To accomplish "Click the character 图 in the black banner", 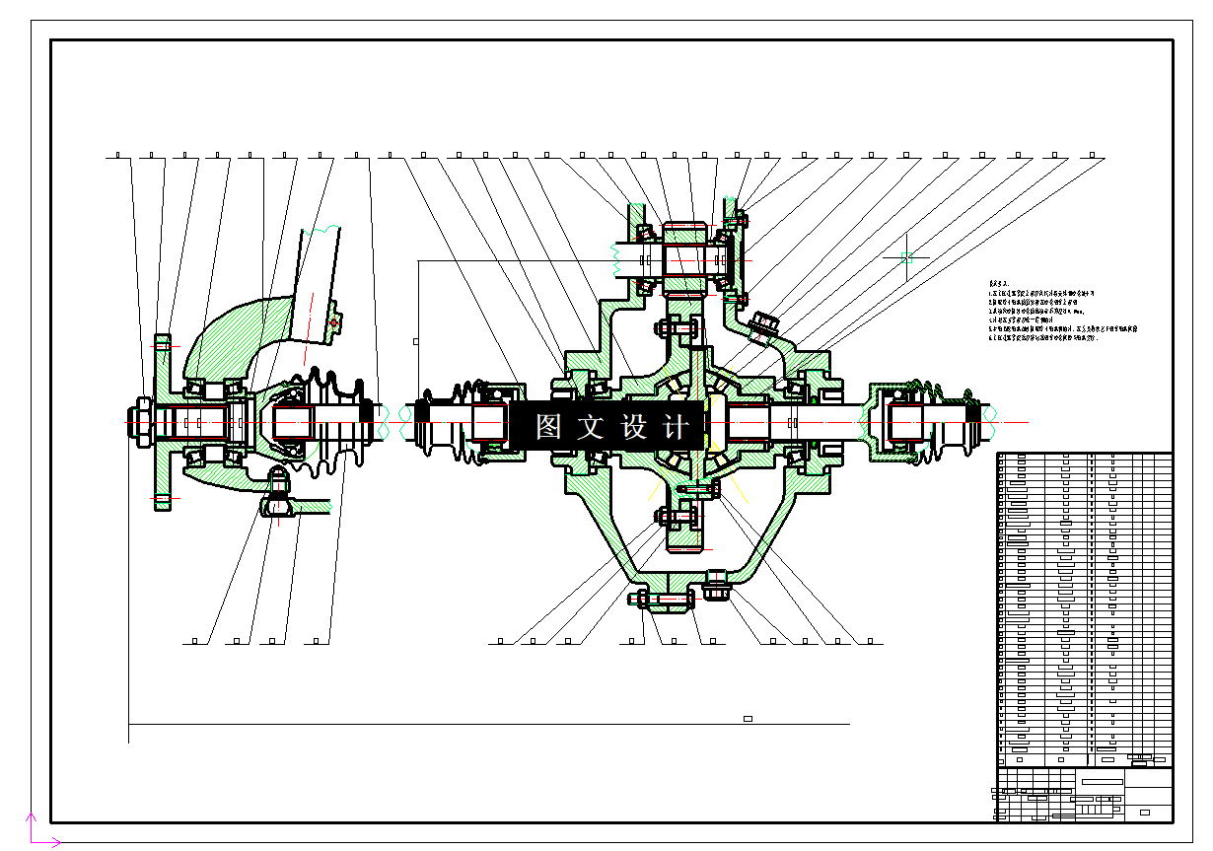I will point(548,427).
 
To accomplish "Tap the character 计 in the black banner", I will point(678,427).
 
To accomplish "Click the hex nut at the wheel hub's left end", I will point(141,422).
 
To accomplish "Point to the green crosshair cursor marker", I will point(906,258).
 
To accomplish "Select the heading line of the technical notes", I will point(1000,283).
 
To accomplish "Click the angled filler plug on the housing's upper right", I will point(762,324).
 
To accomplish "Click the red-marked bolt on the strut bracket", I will point(333,321).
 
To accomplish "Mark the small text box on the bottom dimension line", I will point(748,719).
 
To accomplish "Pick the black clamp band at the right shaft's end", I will point(973,422).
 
